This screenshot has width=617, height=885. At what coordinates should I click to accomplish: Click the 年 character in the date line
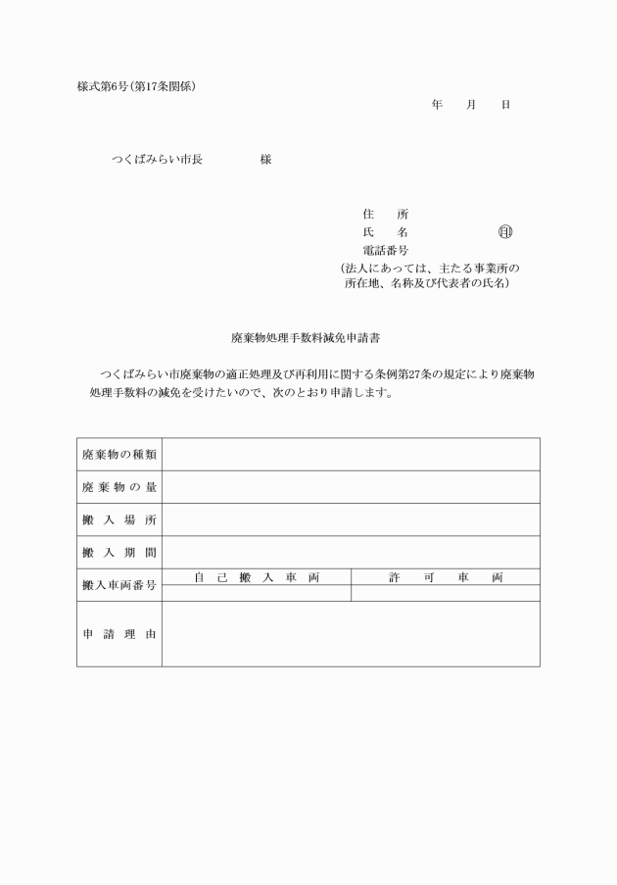tap(437, 104)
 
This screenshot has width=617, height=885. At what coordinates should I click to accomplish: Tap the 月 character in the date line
tap(471, 104)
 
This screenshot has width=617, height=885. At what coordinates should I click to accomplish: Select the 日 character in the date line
tap(505, 104)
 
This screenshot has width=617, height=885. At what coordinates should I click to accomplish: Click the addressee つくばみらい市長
tap(157, 160)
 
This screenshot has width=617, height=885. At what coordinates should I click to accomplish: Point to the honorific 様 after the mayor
tap(265, 160)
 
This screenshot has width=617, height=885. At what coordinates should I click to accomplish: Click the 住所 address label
tap(385, 214)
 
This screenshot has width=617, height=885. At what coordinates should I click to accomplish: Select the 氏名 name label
tap(385, 232)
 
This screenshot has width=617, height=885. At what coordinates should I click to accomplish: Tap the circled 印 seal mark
tap(505, 232)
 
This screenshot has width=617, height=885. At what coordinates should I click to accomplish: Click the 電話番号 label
tap(386, 251)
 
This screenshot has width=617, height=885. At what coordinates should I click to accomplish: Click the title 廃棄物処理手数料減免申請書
tap(306, 337)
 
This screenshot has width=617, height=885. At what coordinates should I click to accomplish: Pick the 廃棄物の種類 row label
tap(119, 455)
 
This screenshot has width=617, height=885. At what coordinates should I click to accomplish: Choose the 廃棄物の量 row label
tap(119, 487)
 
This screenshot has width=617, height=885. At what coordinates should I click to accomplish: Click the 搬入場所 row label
tap(119, 519)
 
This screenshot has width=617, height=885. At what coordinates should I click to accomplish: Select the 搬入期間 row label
tap(119, 552)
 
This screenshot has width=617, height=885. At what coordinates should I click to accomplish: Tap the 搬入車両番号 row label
tap(119, 585)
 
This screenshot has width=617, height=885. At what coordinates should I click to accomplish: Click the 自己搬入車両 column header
tap(257, 577)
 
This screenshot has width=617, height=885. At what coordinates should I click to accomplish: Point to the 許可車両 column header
tap(446, 577)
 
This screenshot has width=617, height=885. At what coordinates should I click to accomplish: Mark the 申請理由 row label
tap(119, 634)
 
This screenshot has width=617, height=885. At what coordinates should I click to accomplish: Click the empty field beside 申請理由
tap(351, 634)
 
